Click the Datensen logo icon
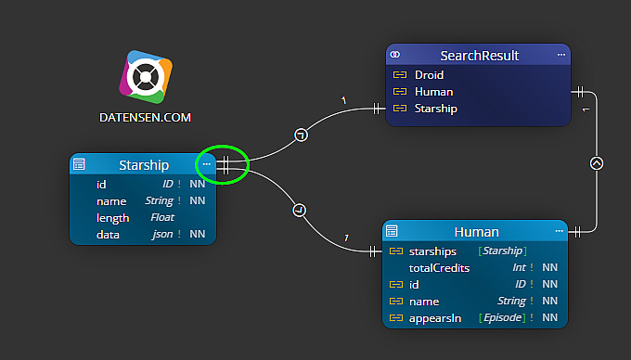pyautogui.click(x=146, y=78)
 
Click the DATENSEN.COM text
pyautogui.click(x=145, y=119)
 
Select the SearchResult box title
pyautogui.click(x=479, y=56)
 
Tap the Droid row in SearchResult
pyautogui.click(x=429, y=75)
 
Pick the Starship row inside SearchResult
pyautogui.click(x=435, y=109)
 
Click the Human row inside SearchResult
pyautogui.click(x=433, y=92)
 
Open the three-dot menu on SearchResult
pyautogui.click(x=560, y=56)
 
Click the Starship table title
pyautogui.click(x=144, y=165)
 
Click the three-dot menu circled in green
pyautogui.click(x=207, y=164)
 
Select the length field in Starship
pyautogui.click(x=112, y=218)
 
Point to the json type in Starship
pyautogui.click(x=161, y=235)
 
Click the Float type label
pyautogui.click(x=162, y=218)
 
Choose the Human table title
pyautogui.click(x=476, y=232)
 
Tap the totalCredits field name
pyautogui.click(x=439, y=268)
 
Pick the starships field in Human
pyautogui.click(x=432, y=251)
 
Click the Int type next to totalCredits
pyautogui.click(x=520, y=268)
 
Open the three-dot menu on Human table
pyautogui.click(x=559, y=231)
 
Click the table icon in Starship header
pyautogui.click(x=79, y=165)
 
